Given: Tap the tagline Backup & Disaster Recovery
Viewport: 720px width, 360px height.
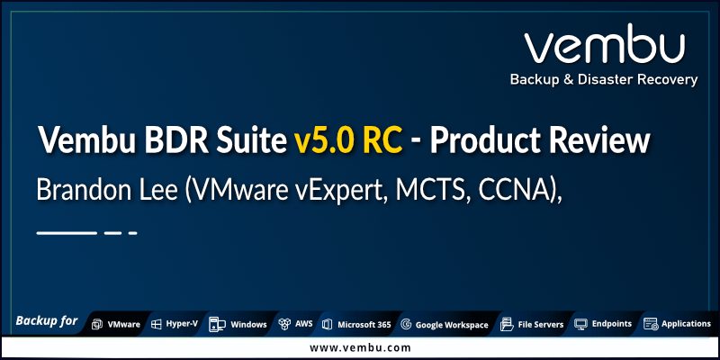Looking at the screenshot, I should coord(603,80).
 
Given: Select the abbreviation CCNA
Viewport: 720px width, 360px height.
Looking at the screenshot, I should coord(516,191).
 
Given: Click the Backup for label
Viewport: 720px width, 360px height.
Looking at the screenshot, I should coord(46,321).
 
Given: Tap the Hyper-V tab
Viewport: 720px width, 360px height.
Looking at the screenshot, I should coord(175,324).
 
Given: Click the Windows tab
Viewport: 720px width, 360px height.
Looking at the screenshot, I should coord(239,324).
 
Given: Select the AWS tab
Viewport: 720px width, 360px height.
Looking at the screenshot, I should coord(296,324).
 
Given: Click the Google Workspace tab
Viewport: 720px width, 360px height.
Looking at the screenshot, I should coord(445,324).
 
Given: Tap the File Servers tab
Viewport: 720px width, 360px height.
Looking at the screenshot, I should coord(533,324).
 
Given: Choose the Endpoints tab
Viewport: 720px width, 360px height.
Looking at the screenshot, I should coord(603,324).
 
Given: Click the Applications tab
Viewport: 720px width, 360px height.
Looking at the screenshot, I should coord(678,324).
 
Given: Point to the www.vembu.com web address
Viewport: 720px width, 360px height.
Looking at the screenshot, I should coord(360,347).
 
